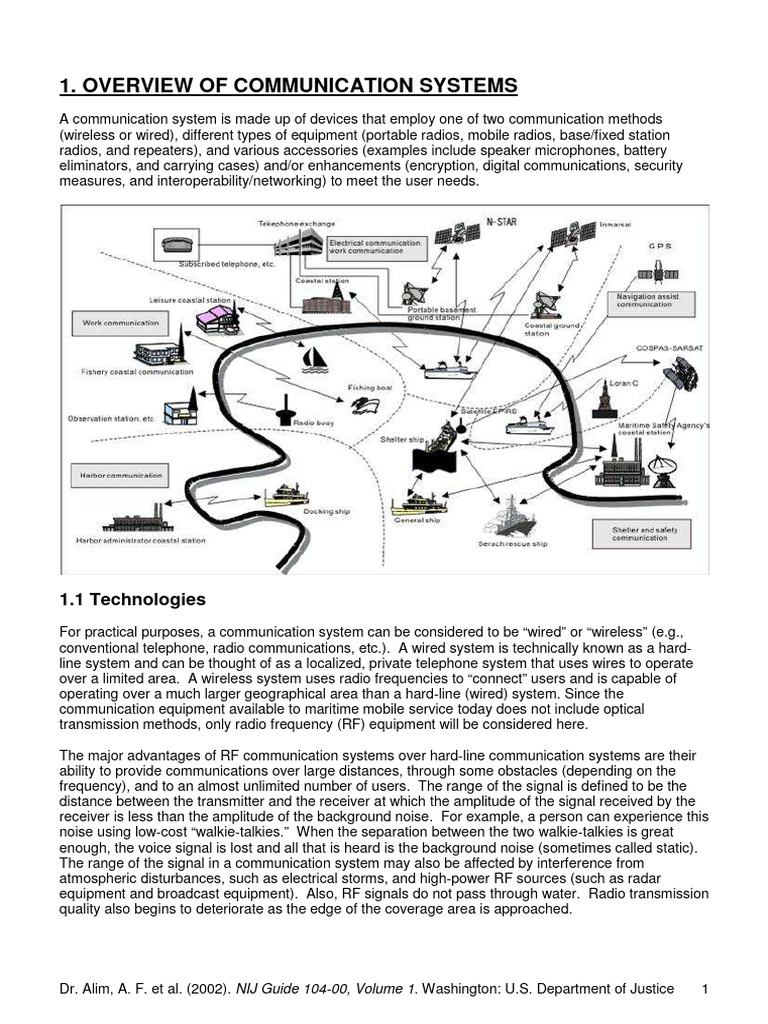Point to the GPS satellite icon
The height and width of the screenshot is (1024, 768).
[x=659, y=270]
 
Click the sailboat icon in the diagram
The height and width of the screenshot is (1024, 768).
[x=317, y=356]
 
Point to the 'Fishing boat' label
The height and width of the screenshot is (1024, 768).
[x=363, y=386]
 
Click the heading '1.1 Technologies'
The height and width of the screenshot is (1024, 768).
[x=133, y=600]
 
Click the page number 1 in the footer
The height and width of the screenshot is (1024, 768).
[x=705, y=989]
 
